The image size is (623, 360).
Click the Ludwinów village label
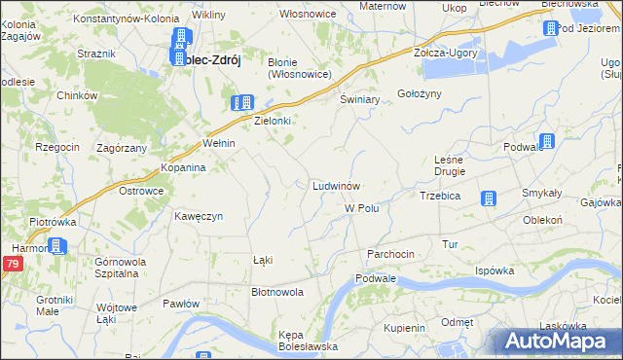click(x=338, y=185)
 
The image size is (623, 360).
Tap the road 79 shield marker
click(x=12, y=265)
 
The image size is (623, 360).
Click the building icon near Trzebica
click(x=489, y=199)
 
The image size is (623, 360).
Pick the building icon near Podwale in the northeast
click(x=547, y=142)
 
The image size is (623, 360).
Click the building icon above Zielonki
click(x=242, y=102)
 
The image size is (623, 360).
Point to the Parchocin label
click(x=390, y=254)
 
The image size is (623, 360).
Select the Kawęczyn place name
click(x=200, y=215)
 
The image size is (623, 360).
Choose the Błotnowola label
click(x=277, y=291)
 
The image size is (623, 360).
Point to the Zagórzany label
click(x=122, y=148)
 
